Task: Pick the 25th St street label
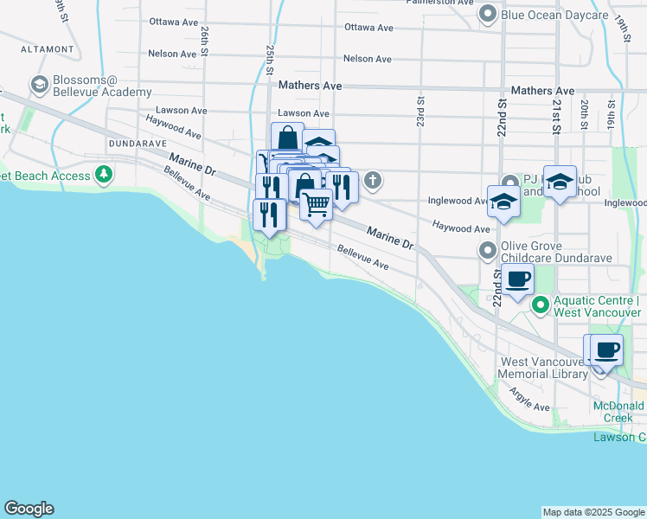[271, 60]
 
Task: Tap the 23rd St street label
[421, 112]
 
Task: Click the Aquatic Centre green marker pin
[541, 304]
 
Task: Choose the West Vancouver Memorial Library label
[541, 368]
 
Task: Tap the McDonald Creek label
[618, 412]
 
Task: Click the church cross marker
[373, 181]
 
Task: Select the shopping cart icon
[317, 205]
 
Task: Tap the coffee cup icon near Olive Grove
[518, 279]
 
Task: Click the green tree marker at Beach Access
[105, 176]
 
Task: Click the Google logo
[29, 509]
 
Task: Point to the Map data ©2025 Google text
[593, 512]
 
